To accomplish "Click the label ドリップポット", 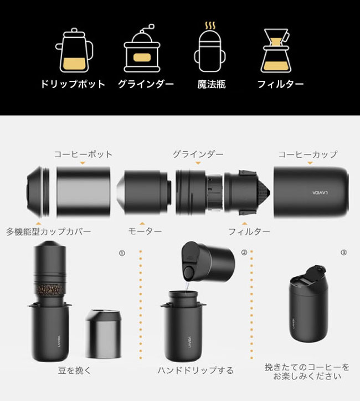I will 72,85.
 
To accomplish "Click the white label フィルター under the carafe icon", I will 280,85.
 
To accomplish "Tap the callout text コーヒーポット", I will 83,154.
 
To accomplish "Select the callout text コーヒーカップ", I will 307,154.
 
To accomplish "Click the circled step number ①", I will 121,253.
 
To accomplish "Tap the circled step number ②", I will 244,253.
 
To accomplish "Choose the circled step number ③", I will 343,253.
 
